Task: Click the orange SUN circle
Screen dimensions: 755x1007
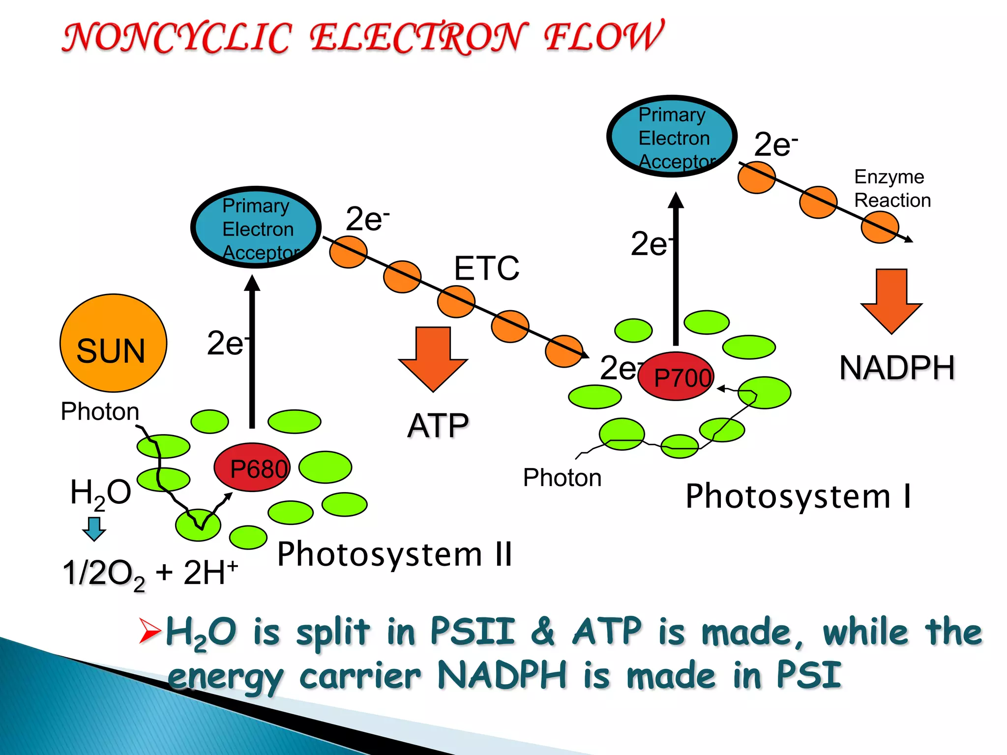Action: click(113, 343)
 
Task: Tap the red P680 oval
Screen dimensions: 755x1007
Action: click(252, 467)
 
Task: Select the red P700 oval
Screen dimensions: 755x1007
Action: click(676, 377)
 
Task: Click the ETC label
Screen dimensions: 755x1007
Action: click(486, 268)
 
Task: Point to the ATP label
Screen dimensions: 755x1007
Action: click(438, 426)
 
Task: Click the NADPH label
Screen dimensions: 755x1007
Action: click(897, 368)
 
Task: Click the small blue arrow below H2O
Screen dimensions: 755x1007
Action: click(94, 528)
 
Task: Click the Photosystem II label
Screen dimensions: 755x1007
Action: click(395, 554)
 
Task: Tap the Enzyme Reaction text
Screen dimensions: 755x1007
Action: click(892, 189)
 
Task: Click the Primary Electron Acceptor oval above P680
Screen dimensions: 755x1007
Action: click(256, 228)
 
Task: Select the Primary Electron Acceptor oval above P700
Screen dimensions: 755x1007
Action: click(672, 137)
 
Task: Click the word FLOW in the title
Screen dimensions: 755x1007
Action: click(604, 37)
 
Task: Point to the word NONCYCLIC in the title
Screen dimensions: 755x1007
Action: click(177, 38)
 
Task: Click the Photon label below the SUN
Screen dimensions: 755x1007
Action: click(100, 411)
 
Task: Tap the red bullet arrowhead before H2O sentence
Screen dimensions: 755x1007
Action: click(149, 631)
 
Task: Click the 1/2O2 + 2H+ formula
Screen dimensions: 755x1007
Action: click(150, 574)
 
